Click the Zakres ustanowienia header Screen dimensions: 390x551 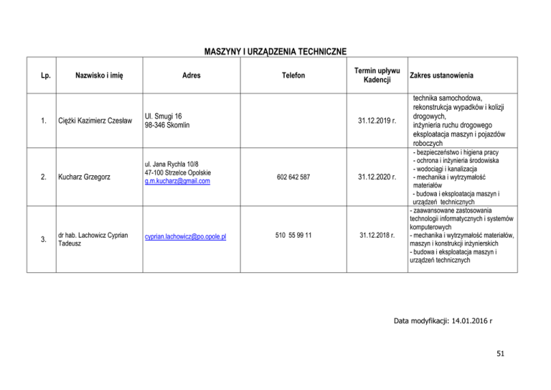click(x=441, y=75)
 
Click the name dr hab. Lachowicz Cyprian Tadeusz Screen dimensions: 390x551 click(x=93, y=238)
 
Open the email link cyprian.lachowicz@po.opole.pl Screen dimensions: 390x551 click(x=185, y=235)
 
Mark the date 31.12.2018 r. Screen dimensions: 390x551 click(x=377, y=235)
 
